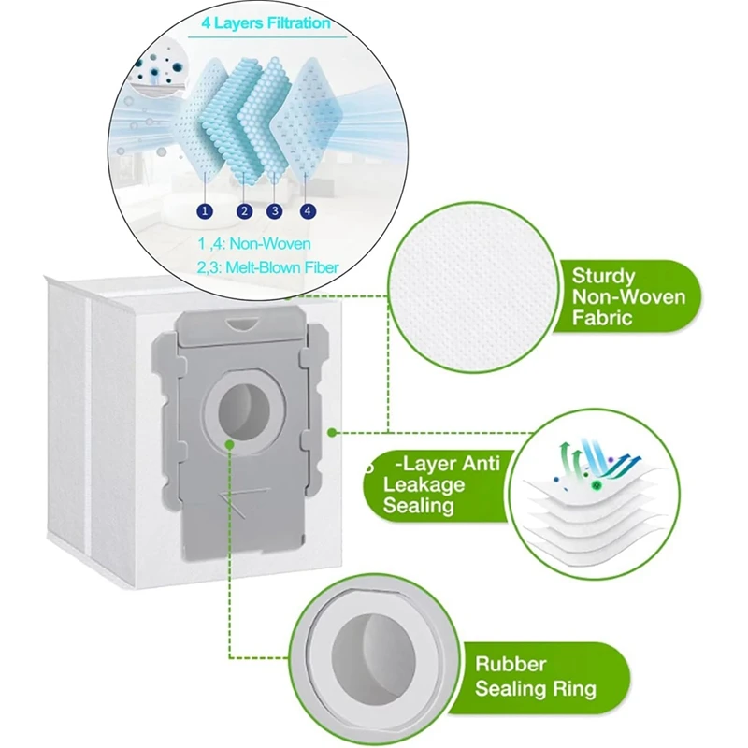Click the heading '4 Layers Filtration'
click(266, 22)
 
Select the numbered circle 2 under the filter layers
click(244, 210)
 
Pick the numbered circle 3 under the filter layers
click(274, 210)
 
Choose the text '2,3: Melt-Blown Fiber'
click(267, 267)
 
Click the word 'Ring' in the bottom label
click(578, 689)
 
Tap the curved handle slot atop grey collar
click(241, 324)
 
